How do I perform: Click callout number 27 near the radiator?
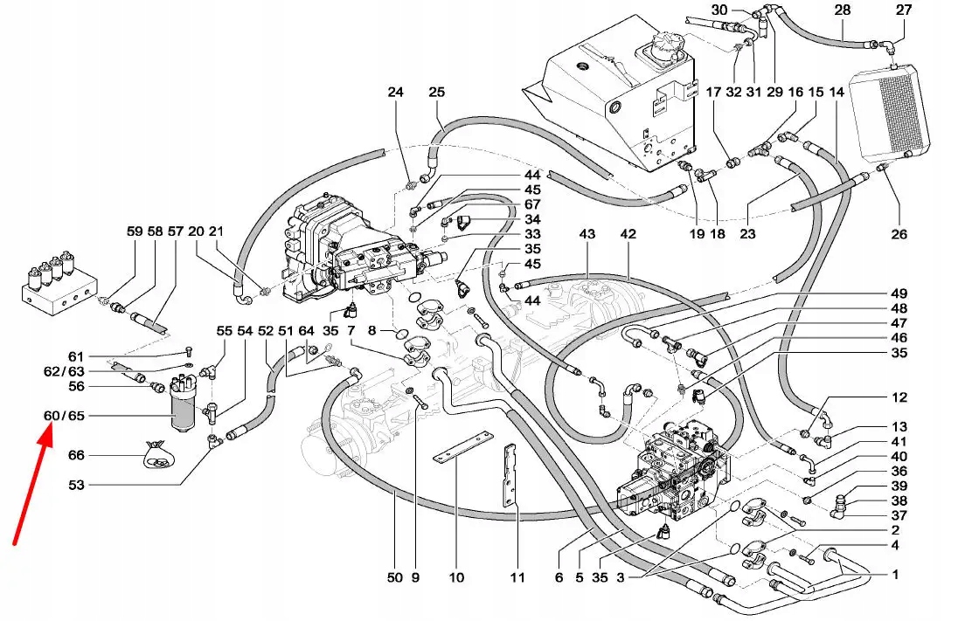tap(903, 10)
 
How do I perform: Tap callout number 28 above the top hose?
tap(842, 10)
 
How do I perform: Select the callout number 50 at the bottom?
tap(394, 577)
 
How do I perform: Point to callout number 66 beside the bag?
tap(76, 456)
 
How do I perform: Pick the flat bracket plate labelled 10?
tap(459, 446)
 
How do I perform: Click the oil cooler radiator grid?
tap(899, 114)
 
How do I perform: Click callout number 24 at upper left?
tap(396, 93)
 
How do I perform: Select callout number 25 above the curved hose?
tap(436, 93)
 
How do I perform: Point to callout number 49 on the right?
tap(899, 293)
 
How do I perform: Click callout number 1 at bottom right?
tap(896, 575)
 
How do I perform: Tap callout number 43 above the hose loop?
tap(587, 234)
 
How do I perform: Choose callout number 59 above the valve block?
tap(134, 231)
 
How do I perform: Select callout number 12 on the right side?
tap(899, 397)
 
